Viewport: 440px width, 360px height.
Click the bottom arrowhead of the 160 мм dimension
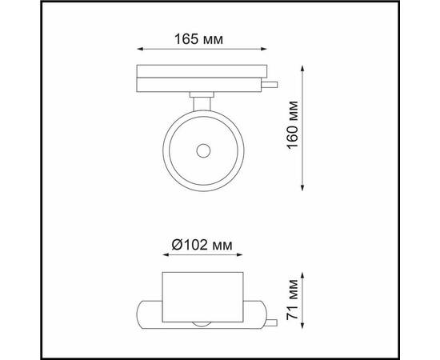(x=302, y=188)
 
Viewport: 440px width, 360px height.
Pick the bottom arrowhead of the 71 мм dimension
(x=302, y=325)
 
